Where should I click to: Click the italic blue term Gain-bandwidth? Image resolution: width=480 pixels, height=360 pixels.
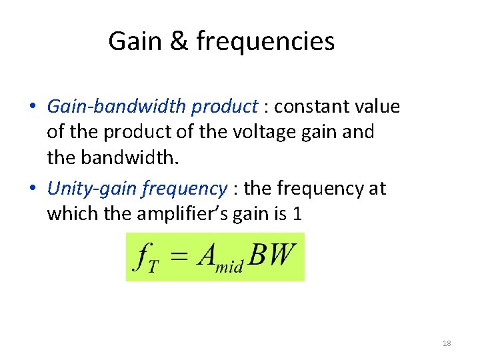(119, 107)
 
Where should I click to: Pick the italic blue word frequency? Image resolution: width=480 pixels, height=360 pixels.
(185, 189)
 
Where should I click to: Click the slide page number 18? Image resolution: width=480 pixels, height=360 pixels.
(447, 343)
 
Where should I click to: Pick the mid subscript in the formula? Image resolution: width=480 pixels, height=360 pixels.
(229, 266)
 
